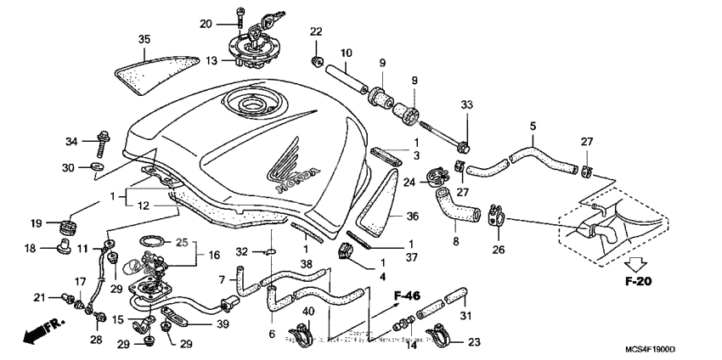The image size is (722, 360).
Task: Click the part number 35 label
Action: tap(144, 39)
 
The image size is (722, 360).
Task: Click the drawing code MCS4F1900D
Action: tap(656, 350)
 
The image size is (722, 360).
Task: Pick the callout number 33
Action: tap(465, 105)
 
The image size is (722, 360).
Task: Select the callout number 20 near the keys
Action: tap(206, 23)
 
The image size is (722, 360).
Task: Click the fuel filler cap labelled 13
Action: tap(252, 51)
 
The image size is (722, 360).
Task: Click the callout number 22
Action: tap(316, 32)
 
